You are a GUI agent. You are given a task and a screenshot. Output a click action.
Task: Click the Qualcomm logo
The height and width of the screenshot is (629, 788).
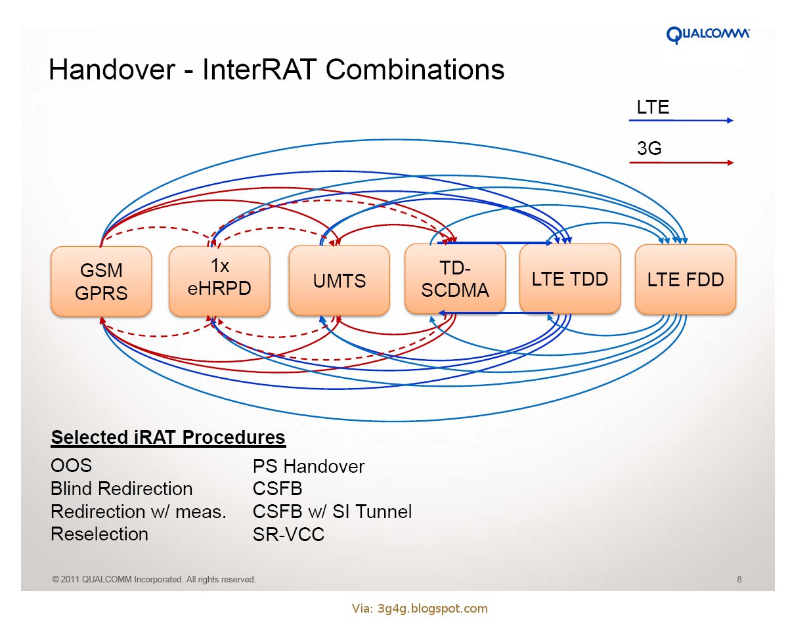pyautogui.click(x=708, y=35)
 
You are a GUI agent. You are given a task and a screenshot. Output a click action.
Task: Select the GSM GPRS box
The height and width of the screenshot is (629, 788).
pyautogui.click(x=101, y=282)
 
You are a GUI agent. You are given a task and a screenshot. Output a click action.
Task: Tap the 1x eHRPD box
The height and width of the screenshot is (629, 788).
pyautogui.click(x=219, y=282)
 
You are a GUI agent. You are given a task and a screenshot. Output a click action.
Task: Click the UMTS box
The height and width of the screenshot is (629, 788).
pyautogui.click(x=339, y=281)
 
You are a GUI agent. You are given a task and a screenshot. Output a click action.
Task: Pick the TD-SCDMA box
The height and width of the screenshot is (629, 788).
pyautogui.click(x=455, y=279)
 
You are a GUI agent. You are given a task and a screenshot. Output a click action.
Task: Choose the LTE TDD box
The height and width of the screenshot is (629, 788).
pyautogui.click(x=570, y=278)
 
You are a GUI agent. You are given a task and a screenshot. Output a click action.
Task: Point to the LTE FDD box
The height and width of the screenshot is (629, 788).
pyautogui.click(x=686, y=280)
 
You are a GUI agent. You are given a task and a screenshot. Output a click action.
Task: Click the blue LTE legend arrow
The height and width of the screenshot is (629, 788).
pyautogui.click(x=681, y=121)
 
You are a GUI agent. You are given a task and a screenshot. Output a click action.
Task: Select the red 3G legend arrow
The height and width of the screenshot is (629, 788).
pyautogui.click(x=681, y=162)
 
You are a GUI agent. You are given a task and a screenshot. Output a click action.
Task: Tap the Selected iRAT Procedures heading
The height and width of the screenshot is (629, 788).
pyautogui.click(x=168, y=437)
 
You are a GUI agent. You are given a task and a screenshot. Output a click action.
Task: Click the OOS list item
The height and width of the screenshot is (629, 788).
pyautogui.click(x=71, y=466)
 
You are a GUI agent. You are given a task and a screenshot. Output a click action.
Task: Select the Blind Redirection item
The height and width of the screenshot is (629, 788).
pyautogui.click(x=121, y=489)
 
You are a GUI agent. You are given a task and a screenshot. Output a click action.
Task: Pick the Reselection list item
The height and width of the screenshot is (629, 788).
pyautogui.click(x=99, y=534)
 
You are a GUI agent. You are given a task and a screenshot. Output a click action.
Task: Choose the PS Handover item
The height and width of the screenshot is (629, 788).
pyautogui.click(x=308, y=467)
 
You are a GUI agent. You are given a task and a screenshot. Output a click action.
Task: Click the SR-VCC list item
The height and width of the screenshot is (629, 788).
pyautogui.click(x=288, y=534)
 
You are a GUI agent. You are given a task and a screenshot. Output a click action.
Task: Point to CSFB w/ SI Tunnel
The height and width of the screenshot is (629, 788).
pyautogui.click(x=332, y=512)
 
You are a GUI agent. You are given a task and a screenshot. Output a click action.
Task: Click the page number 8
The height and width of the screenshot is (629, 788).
pyautogui.click(x=739, y=580)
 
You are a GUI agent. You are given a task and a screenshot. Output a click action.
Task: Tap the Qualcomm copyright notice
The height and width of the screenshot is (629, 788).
pyautogui.click(x=154, y=580)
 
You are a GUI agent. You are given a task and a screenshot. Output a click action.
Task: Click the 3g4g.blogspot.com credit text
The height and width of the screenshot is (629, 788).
pyautogui.click(x=420, y=609)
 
